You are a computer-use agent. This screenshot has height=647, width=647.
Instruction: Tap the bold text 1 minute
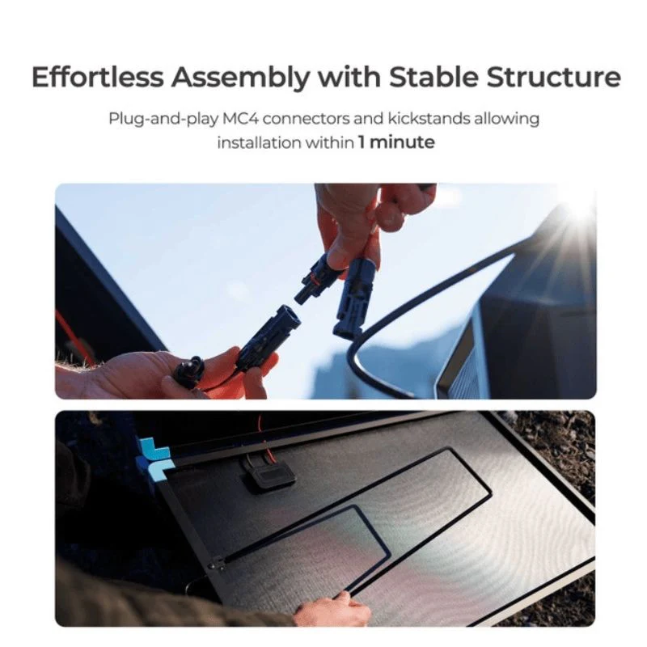click(396, 142)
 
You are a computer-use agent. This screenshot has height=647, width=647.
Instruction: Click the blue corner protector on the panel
click(154, 457)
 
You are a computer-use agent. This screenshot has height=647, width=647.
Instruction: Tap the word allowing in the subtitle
click(507, 119)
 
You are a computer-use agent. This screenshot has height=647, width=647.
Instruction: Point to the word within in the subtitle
click(330, 142)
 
